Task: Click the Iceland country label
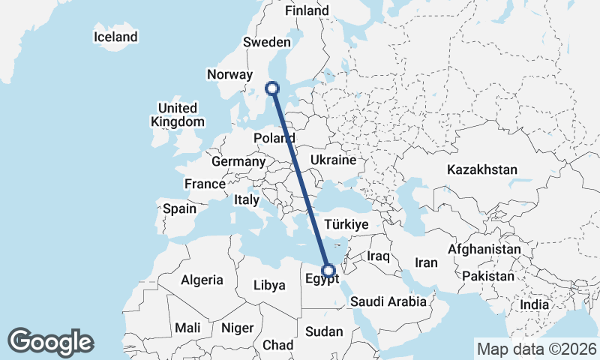point(115,37)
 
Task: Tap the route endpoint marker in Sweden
point(273,88)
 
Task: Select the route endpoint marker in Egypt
point(328,271)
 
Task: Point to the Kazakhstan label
point(481,169)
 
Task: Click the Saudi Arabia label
point(388,301)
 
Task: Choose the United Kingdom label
point(177,115)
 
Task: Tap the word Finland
point(307,10)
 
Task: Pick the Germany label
point(238,161)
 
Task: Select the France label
point(205,184)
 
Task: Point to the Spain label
point(179,208)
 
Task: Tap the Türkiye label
point(346,224)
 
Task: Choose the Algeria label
point(202,280)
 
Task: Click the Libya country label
point(269,285)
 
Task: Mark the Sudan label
point(324,331)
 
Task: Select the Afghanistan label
point(484,249)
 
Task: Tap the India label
point(535,305)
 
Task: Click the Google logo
point(50,342)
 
